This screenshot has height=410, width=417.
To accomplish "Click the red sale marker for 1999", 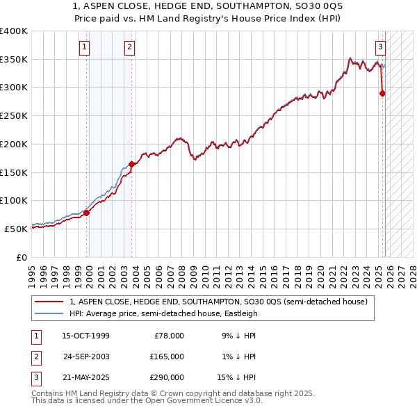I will [x=87, y=213].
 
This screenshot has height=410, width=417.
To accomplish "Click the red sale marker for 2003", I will [x=132, y=164].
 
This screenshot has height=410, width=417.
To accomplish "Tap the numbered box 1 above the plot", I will [x=84, y=47].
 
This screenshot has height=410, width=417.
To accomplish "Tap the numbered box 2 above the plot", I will [x=129, y=47].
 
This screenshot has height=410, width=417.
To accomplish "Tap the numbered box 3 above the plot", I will [x=381, y=47].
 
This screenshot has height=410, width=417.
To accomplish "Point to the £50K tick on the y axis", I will [x=17, y=229].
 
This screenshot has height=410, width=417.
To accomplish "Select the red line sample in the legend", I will [x=49, y=302].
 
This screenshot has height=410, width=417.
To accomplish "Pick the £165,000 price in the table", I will [x=167, y=356].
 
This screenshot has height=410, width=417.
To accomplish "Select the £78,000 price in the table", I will [x=169, y=336].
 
